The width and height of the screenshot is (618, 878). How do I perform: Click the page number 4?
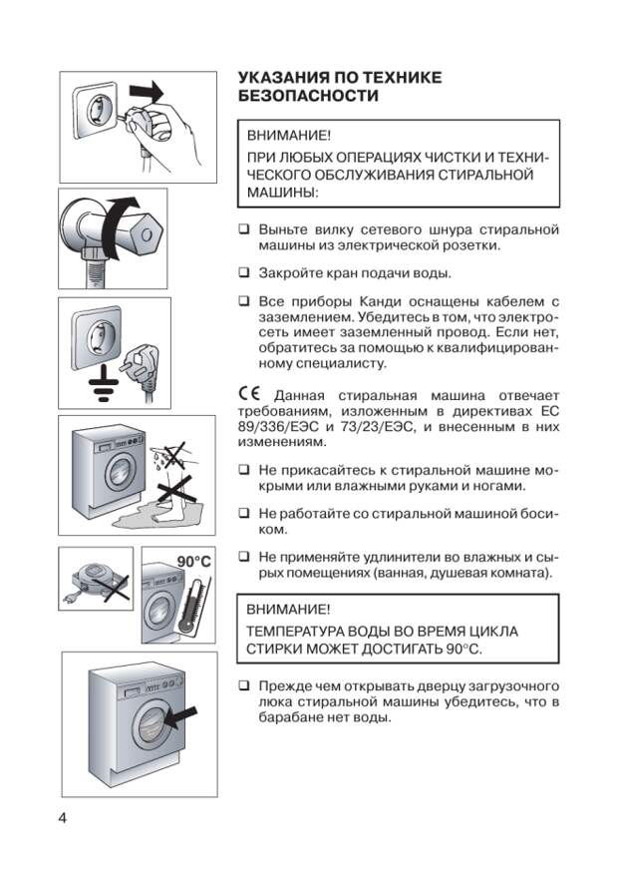click(63, 817)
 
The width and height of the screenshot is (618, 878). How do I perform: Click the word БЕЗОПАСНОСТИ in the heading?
click(309, 97)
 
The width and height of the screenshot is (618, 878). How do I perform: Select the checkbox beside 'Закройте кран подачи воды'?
click(243, 272)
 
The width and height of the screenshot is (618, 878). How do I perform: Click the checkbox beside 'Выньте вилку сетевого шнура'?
click(243, 228)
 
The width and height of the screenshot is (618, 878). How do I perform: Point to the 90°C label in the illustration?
click(193, 562)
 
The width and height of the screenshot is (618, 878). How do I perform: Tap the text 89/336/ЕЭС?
click(275, 426)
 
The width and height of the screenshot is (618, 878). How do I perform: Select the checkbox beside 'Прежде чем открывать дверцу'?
click(243, 685)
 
